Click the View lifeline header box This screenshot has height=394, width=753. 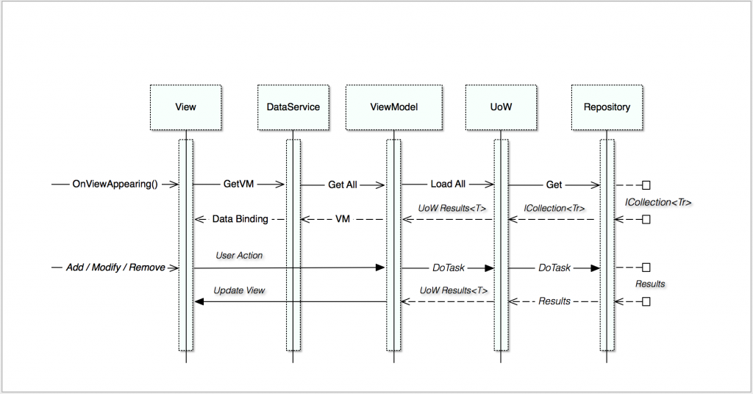click(x=185, y=107)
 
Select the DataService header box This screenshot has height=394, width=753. click(x=293, y=107)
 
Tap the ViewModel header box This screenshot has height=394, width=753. click(x=394, y=107)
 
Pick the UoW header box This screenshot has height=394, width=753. click(x=501, y=107)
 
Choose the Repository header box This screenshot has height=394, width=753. click(x=607, y=107)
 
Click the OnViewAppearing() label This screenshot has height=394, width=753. click(x=115, y=185)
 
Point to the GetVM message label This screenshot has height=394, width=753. click(x=239, y=184)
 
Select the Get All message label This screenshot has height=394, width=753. click(x=343, y=185)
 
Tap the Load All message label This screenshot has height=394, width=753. click(x=448, y=184)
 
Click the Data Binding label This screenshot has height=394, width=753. click(x=240, y=219)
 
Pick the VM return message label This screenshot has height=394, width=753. click(x=343, y=219)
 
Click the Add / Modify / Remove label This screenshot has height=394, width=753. click(x=115, y=268)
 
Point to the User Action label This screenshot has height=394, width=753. click(x=239, y=255)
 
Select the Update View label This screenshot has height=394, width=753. click(x=239, y=290)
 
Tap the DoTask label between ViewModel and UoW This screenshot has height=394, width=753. click(x=449, y=268)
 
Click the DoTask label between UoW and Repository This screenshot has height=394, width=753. click(x=554, y=268)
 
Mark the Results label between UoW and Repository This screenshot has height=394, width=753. click(x=554, y=301)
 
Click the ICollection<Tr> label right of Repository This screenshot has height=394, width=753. click(x=658, y=203)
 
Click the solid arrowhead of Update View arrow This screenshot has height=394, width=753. click(x=199, y=301)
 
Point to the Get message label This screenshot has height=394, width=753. click(x=554, y=185)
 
